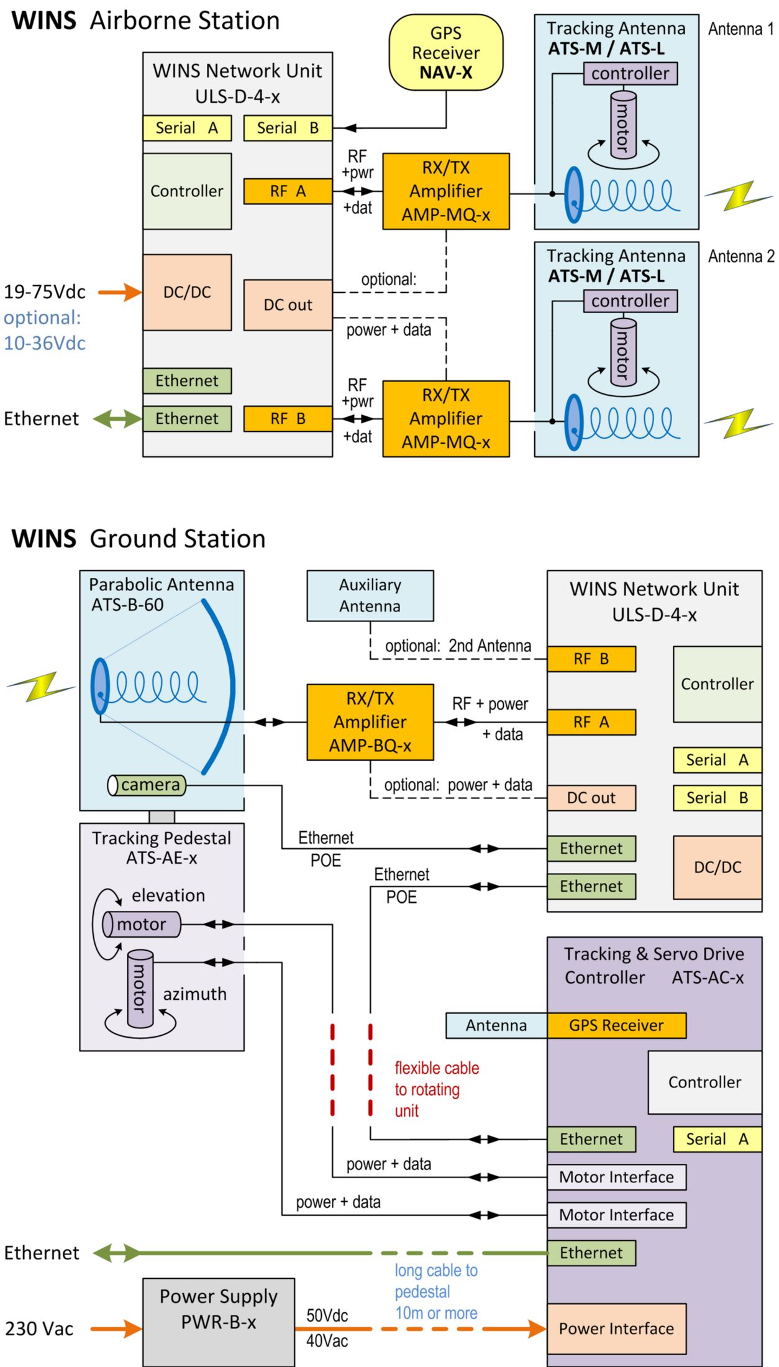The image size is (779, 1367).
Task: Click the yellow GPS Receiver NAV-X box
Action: point(446,53)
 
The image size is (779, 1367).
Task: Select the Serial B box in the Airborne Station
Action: point(288,128)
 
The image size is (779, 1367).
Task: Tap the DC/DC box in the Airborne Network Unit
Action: point(187,292)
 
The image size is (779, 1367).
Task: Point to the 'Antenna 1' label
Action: point(740,29)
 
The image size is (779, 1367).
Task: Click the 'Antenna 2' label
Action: point(740,257)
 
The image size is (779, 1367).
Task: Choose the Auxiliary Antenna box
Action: point(370,596)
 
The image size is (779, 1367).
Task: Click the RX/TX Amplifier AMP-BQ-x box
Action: point(370,722)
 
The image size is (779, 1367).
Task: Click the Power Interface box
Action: point(616,1328)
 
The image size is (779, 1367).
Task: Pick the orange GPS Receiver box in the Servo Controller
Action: point(616,1025)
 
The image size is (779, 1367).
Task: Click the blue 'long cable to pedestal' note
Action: point(436,1291)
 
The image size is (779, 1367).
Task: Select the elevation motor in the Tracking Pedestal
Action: point(142,924)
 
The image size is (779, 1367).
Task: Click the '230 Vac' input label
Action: point(39,1328)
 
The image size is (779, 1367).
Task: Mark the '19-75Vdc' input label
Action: point(45,292)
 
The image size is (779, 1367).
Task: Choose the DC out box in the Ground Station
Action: point(591,798)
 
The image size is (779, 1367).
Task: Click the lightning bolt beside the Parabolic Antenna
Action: point(41,687)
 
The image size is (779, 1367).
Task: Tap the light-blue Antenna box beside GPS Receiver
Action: point(496,1025)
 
